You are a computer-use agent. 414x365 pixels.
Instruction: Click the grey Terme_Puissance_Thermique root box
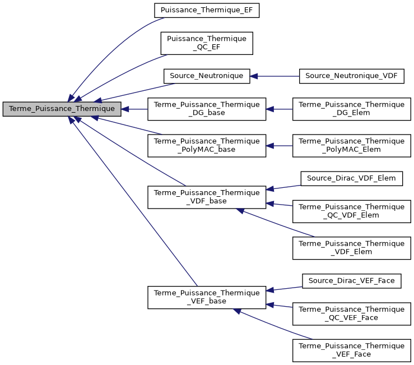62,109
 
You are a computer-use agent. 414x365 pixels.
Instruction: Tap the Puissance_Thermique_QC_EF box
207,43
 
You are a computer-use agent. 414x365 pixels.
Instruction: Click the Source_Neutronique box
207,76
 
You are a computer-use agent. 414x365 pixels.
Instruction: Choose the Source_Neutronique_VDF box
351,76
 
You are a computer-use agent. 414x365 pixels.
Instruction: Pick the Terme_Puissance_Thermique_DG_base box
207,109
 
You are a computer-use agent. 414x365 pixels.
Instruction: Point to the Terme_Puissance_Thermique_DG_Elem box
351,109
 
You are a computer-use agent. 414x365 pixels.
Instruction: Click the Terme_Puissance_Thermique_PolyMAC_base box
207,145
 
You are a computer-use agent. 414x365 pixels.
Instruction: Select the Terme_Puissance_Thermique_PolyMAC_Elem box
351,145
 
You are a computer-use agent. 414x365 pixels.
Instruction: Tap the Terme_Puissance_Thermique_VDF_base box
207,197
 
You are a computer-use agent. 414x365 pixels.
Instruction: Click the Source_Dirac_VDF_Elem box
351,178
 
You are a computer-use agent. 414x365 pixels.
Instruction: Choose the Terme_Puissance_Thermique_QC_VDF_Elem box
351,211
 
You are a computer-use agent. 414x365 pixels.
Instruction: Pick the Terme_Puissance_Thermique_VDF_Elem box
351,248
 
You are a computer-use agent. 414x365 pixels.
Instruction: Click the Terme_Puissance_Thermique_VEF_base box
207,297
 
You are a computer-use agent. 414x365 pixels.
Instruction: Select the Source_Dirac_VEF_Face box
351,280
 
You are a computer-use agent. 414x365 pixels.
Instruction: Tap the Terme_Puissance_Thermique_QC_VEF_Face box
351,313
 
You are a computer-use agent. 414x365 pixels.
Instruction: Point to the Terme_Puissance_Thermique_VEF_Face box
351,350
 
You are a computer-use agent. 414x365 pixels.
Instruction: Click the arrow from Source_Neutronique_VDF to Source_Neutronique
275,76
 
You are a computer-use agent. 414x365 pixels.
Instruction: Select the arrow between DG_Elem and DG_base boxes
279,109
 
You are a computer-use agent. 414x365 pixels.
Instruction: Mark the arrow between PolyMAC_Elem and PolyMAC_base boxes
279,145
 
